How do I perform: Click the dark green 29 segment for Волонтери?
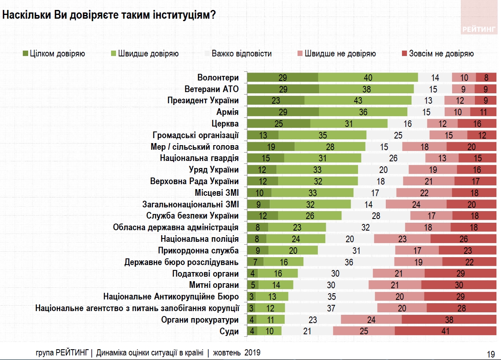(x=283, y=77)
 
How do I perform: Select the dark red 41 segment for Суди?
(x=445, y=331)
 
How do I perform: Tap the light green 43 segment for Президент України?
(x=358, y=100)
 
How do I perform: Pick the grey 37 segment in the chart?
(x=331, y=308)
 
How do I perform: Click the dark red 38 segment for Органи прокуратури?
(x=449, y=320)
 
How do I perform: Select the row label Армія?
(x=228, y=112)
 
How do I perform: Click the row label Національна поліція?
(x=199, y=239)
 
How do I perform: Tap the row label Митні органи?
(x=214, y=285)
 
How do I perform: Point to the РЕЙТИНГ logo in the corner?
(x=479, y=29)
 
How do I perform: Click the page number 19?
(x=491, y=353)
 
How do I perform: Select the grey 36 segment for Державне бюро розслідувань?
(x=349, y=262)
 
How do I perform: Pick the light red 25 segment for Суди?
(x=364, y=331)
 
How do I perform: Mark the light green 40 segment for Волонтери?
(x=368, y=77)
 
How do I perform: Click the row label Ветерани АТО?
(x=211, y=89)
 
